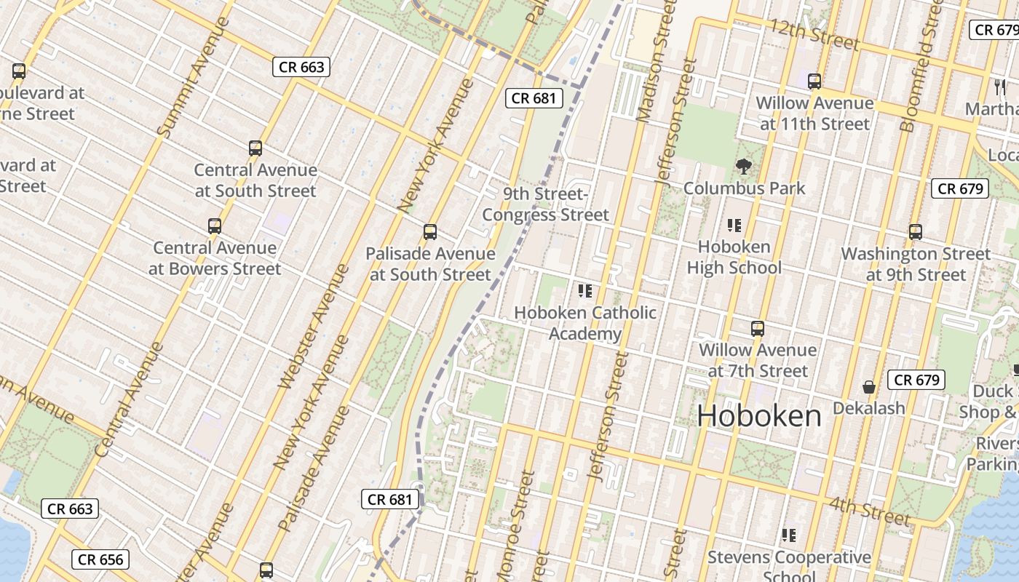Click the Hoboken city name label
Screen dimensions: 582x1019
(x=759, y=415)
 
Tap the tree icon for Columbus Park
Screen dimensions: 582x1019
(x=743, y=167)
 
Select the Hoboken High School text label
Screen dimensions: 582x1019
(x=734, y=257)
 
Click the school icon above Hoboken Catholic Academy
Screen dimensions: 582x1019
(x=584, y=291)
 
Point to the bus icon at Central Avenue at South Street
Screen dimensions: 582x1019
(x=255, y=148)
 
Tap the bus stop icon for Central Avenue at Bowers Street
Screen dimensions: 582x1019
(x=214, y=226)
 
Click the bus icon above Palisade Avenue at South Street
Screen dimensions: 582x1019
(x=429, y=232)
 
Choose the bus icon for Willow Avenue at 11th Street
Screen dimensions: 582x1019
(x=814, y=81)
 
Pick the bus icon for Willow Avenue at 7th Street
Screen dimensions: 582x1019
(x=757, y=329)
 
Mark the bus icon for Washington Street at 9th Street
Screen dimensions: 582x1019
(x=915, y=233)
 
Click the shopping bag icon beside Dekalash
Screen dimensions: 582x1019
(x=868, y=386)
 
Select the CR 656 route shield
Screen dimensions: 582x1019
(x=100, y=559)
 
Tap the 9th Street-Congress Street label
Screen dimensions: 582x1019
(x=545, y=204)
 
